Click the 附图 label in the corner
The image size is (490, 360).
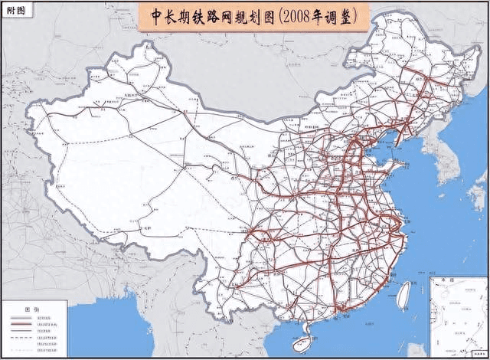pyautogui.click(x=15, y=10)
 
